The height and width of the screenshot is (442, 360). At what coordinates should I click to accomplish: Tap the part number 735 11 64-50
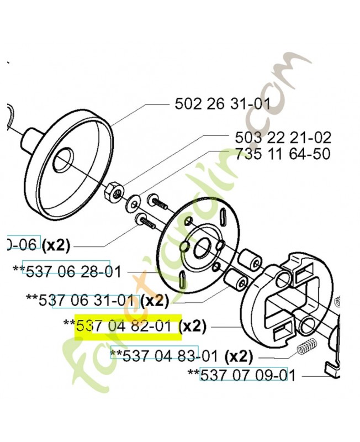282,154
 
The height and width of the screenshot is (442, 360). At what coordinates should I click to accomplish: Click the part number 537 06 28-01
66,270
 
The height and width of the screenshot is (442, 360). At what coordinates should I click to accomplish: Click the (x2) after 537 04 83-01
240,354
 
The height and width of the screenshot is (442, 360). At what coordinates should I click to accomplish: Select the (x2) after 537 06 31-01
154,301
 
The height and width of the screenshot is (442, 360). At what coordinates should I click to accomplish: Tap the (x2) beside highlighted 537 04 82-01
194,327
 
